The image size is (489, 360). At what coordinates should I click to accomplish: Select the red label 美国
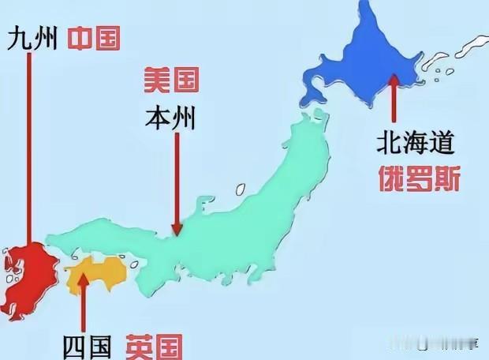point(170,79)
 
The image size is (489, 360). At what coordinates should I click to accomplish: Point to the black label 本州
point(170,118)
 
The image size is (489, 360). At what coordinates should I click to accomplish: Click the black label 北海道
point(416,143)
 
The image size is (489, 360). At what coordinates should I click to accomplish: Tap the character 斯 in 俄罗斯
point(445,178)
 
